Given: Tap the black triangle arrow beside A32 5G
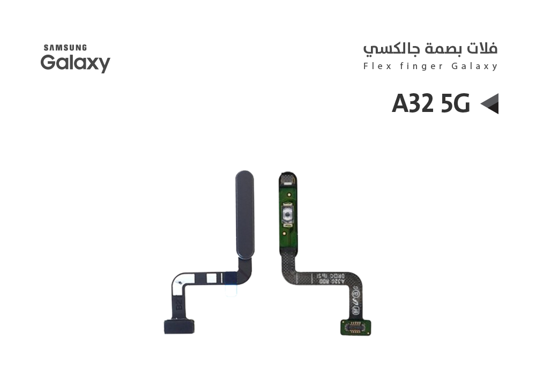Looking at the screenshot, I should click(x=489, y=103).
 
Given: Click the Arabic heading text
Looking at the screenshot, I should click(x=430, y=49).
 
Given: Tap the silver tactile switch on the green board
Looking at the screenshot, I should click(x=288, y=216).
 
